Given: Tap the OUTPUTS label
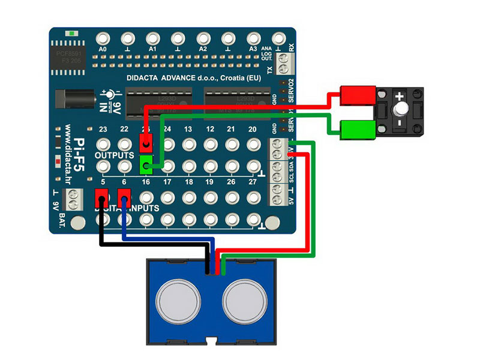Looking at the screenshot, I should coord(114,155).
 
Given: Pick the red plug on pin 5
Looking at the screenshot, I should coord(101,196).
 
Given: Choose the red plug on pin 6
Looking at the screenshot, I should coord(124,196).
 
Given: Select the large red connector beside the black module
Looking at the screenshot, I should coord(357,95).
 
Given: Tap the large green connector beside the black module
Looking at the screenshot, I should coord(357,128).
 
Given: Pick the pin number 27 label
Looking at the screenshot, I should coord(253,181).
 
